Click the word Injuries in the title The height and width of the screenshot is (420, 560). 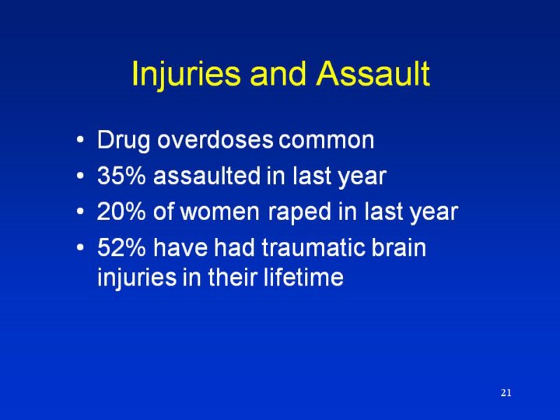[186, 75]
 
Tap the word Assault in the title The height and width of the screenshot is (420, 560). [373, 74]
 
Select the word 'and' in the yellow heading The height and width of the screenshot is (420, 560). [278, 74]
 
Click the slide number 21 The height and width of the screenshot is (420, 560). [506, 393]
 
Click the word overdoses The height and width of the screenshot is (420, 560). [215, 139]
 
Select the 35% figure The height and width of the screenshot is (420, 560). [121, 176]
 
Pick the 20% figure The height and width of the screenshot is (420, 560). [121, 212]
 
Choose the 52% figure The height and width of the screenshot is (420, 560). [121, 247]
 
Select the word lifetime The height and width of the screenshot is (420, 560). [303, 276]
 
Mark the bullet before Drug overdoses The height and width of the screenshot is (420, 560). [80, 140]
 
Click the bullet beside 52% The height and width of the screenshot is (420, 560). [80, 247]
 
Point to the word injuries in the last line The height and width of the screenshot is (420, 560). [137, 278]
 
